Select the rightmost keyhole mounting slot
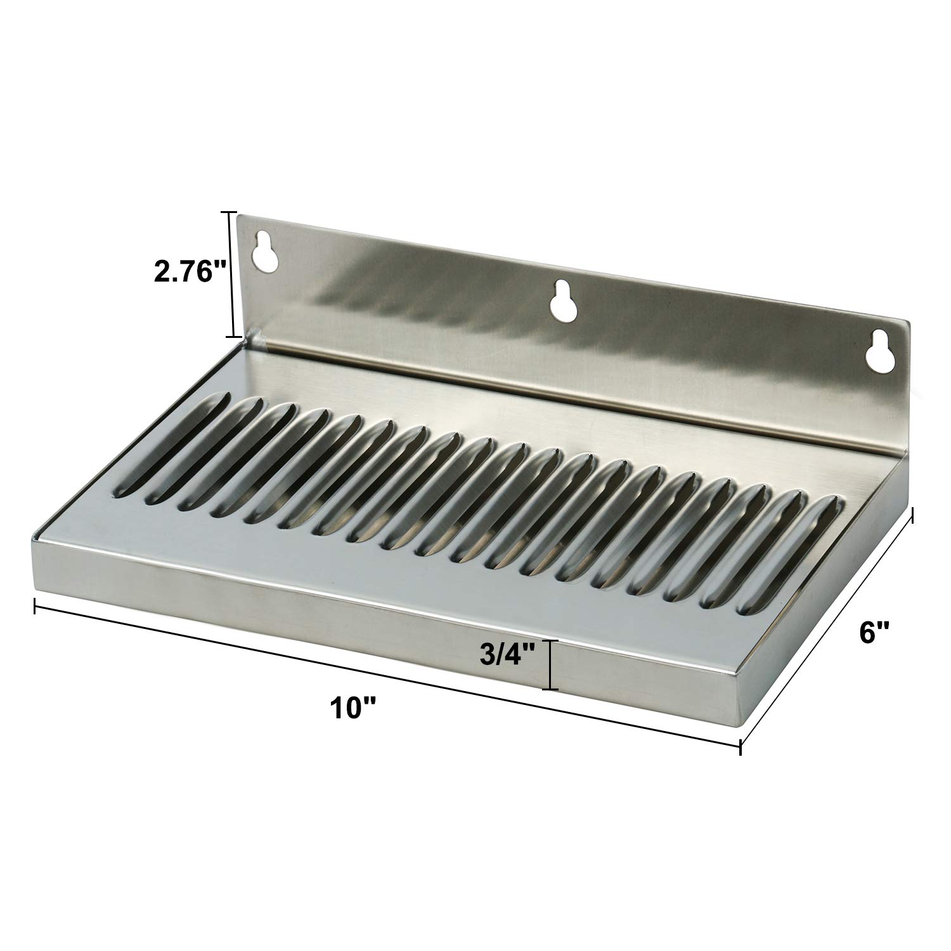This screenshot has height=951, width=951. click(x=879, y=349)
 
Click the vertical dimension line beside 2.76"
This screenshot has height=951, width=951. click(x=233, y=274)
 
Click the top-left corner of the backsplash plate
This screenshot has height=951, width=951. click(x=239, y=216)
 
